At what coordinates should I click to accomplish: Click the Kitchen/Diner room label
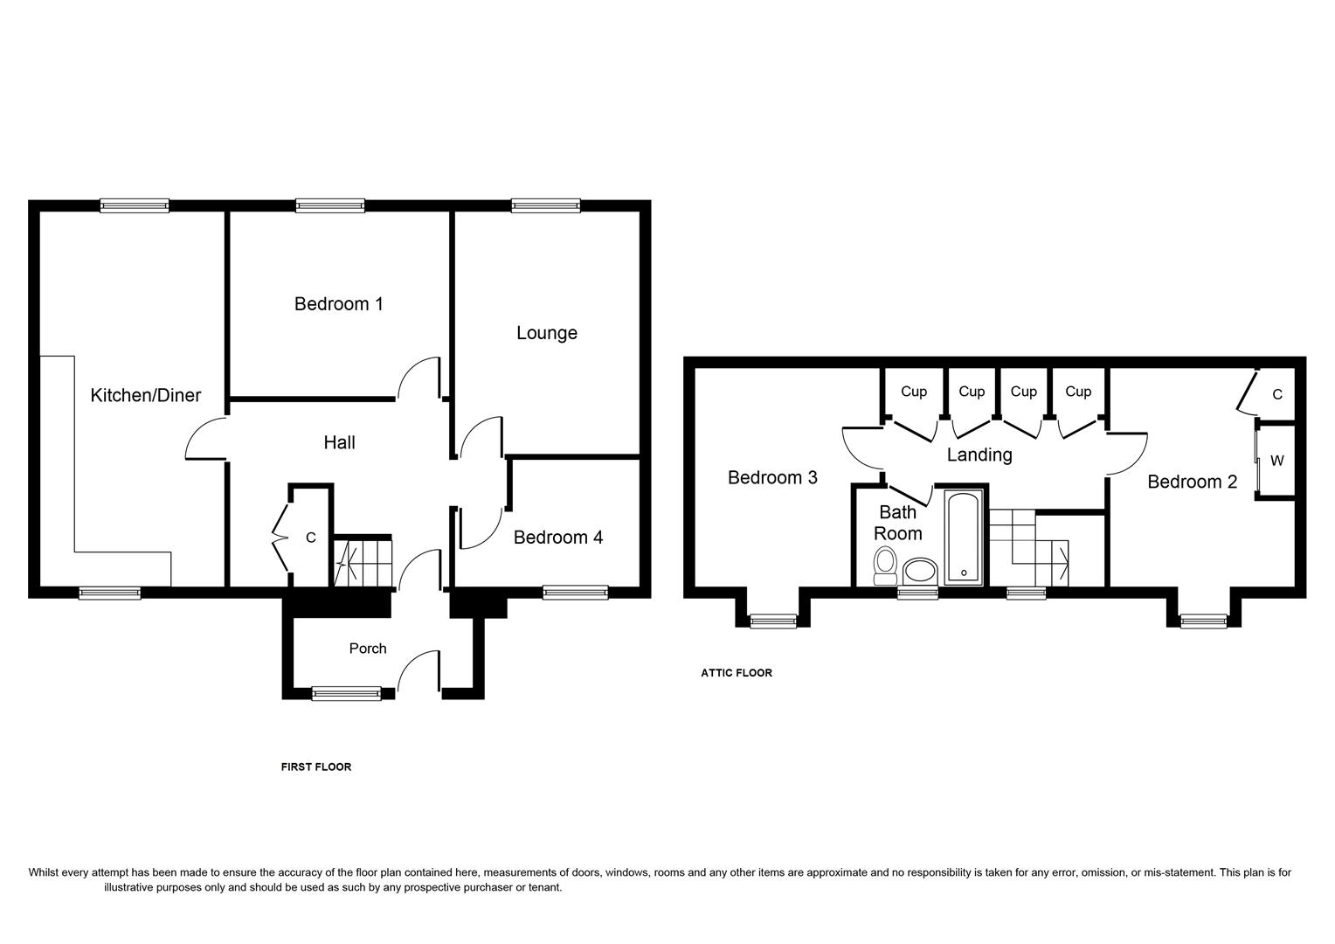pyautogui.click(x=146, y=395)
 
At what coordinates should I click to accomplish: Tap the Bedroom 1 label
pyautogui.click(x=338, y=304)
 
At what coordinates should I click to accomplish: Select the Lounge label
pyautogui.click(x=546, y=333)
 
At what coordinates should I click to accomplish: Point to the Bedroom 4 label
pyautogui.click(x=557, y=538)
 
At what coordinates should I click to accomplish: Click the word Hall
pyautogui.click(x=339, y=443)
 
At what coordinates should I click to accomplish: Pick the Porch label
pyautogui.click(x=367, y=649)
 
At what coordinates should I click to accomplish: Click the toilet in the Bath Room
pyautogui.click(x=885, y=566)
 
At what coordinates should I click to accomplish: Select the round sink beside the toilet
pyautogui.click(x=919, y=573)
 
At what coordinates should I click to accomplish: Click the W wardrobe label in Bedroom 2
pyautogui.click(x=1276, y=461)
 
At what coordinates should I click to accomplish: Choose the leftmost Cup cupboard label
pyautogui.click(x=913, y=392)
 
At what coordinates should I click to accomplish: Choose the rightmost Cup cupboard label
pyautogui.click(x=1077, y=392)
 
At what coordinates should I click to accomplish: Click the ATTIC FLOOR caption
pyautogui.click(x=736, y=673)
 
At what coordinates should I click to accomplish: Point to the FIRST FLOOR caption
pyautogui.click(x=315, y=767)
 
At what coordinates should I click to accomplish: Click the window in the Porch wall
pyautogui.click(x=346, y=694)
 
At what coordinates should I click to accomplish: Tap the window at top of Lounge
pyautogui.click(x=545, y=206)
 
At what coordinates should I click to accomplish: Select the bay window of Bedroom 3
pyautogui.click(x=773, y=621)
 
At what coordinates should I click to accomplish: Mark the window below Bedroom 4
pyautogui.click(x=575, y=593)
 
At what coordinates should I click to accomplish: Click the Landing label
pyautogui.click(x=979, y=455)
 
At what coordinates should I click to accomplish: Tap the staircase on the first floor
pyautogui.click(x=363, y=562)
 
